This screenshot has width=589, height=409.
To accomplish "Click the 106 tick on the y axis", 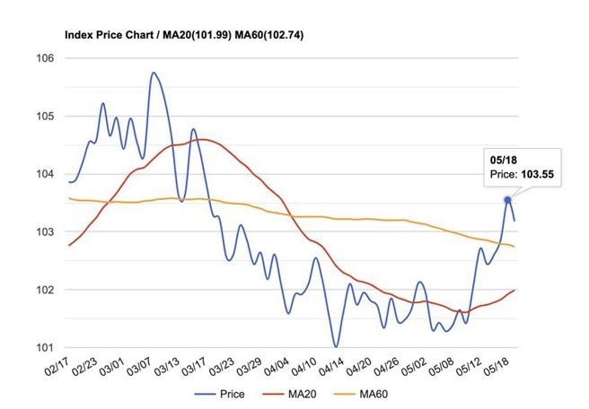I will [45, 58].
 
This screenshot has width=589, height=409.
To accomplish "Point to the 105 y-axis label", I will [45, 117].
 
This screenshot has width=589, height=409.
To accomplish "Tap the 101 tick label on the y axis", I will [45, 347].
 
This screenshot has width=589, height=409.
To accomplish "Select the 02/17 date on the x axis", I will [56, 368].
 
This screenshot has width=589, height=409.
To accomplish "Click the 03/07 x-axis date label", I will [138, 368].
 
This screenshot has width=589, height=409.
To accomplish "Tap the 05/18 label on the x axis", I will [498, 368].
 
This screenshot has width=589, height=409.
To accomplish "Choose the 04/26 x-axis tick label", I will [388, 368].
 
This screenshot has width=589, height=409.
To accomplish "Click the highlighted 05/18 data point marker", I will [507, 199].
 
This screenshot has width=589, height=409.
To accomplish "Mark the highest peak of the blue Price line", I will [154, 73].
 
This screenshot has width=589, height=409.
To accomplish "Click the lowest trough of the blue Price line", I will [336, 346].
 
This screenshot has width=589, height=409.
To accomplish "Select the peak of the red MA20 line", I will [201, 139].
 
